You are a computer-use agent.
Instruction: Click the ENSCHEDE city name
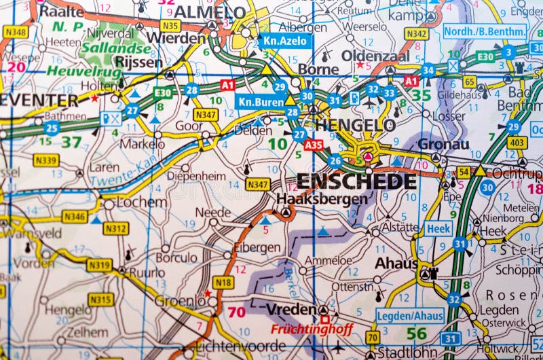pyautogui.click(x=356, y=181)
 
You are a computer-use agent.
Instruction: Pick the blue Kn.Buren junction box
pyautogui.click(x=259, y=101)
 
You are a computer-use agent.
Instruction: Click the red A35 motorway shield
pyautogui.click(x=314, y=145)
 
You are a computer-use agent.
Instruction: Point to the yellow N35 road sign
pyautogui.click(x=171, y=26)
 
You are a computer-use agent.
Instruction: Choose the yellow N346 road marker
pyautogui.click(x=75, y=217)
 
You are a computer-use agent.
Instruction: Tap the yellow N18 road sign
pyautogui.click(x=223, y=282)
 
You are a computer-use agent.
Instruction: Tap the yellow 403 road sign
pyautogui.click(x=517, y=142)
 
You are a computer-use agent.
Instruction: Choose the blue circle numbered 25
pyautogui.click(x=52, y=127)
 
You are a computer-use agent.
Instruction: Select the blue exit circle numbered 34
pyautogui.click(x=428, y=70)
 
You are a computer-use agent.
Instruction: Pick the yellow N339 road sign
pyautogui.click(x=45, y=160)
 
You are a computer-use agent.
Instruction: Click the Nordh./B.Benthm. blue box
pyautogui.click(x=485, y=31)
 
